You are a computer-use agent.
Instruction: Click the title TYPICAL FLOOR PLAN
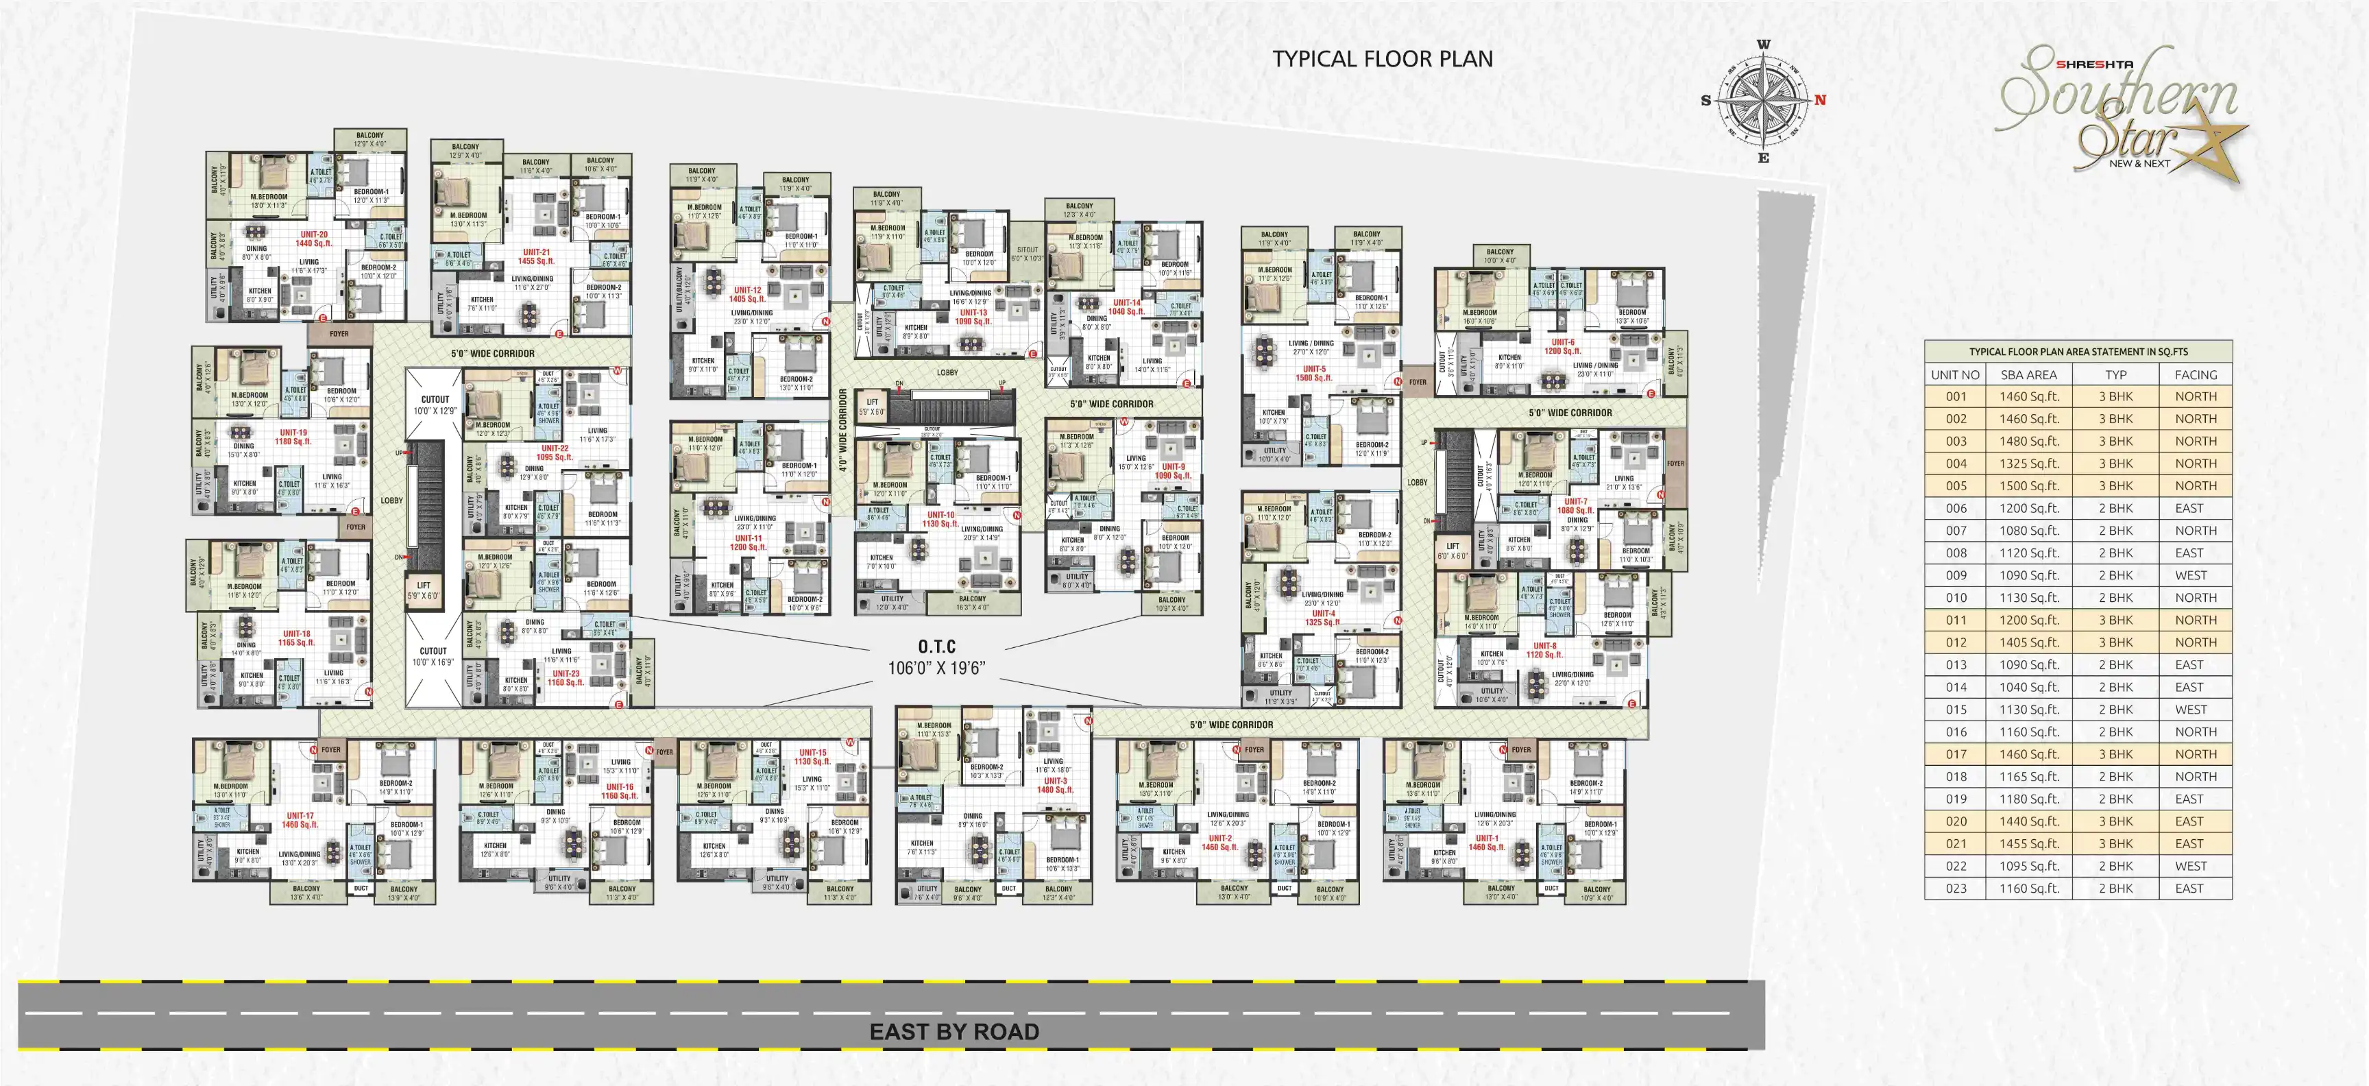pos(1382,59)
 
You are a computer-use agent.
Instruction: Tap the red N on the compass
pos(1820,100)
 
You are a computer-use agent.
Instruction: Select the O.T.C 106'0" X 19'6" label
pos(936,657)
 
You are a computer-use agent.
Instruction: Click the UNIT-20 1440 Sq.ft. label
pos(313,239)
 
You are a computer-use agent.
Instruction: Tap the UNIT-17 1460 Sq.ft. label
pos(299,820)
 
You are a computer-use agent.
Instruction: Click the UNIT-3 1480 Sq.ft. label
pos(1054,785)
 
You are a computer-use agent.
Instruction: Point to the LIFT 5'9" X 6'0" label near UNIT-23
pos(423,590)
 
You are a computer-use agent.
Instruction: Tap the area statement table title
pos(2078,351)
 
